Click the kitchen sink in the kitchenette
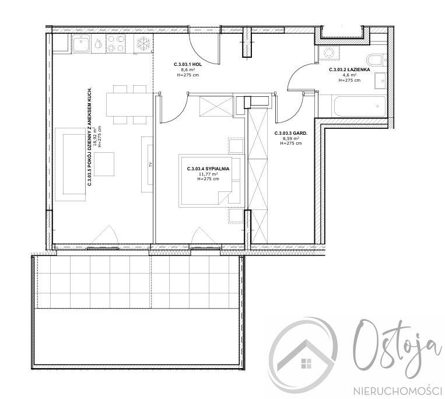[x=81, y=43]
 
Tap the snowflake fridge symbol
[x=142, y=43]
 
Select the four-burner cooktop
[x=115, y=43]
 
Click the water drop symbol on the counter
[x=98, y=43]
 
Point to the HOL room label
[x=188, y=64]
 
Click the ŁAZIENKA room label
[x=349, y=69]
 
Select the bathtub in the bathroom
[x=359, y=106]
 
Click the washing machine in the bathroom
[x=328, y=52]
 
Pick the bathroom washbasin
[x=381, y=80]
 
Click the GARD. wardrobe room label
[x=291, y=133]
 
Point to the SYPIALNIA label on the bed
[x=208, y=169]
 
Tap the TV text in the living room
[x=150, y=164]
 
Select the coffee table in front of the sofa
[x=104, y=164]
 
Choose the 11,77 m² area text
[x=208, y=174]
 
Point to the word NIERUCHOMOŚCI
[x=397, y=391]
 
